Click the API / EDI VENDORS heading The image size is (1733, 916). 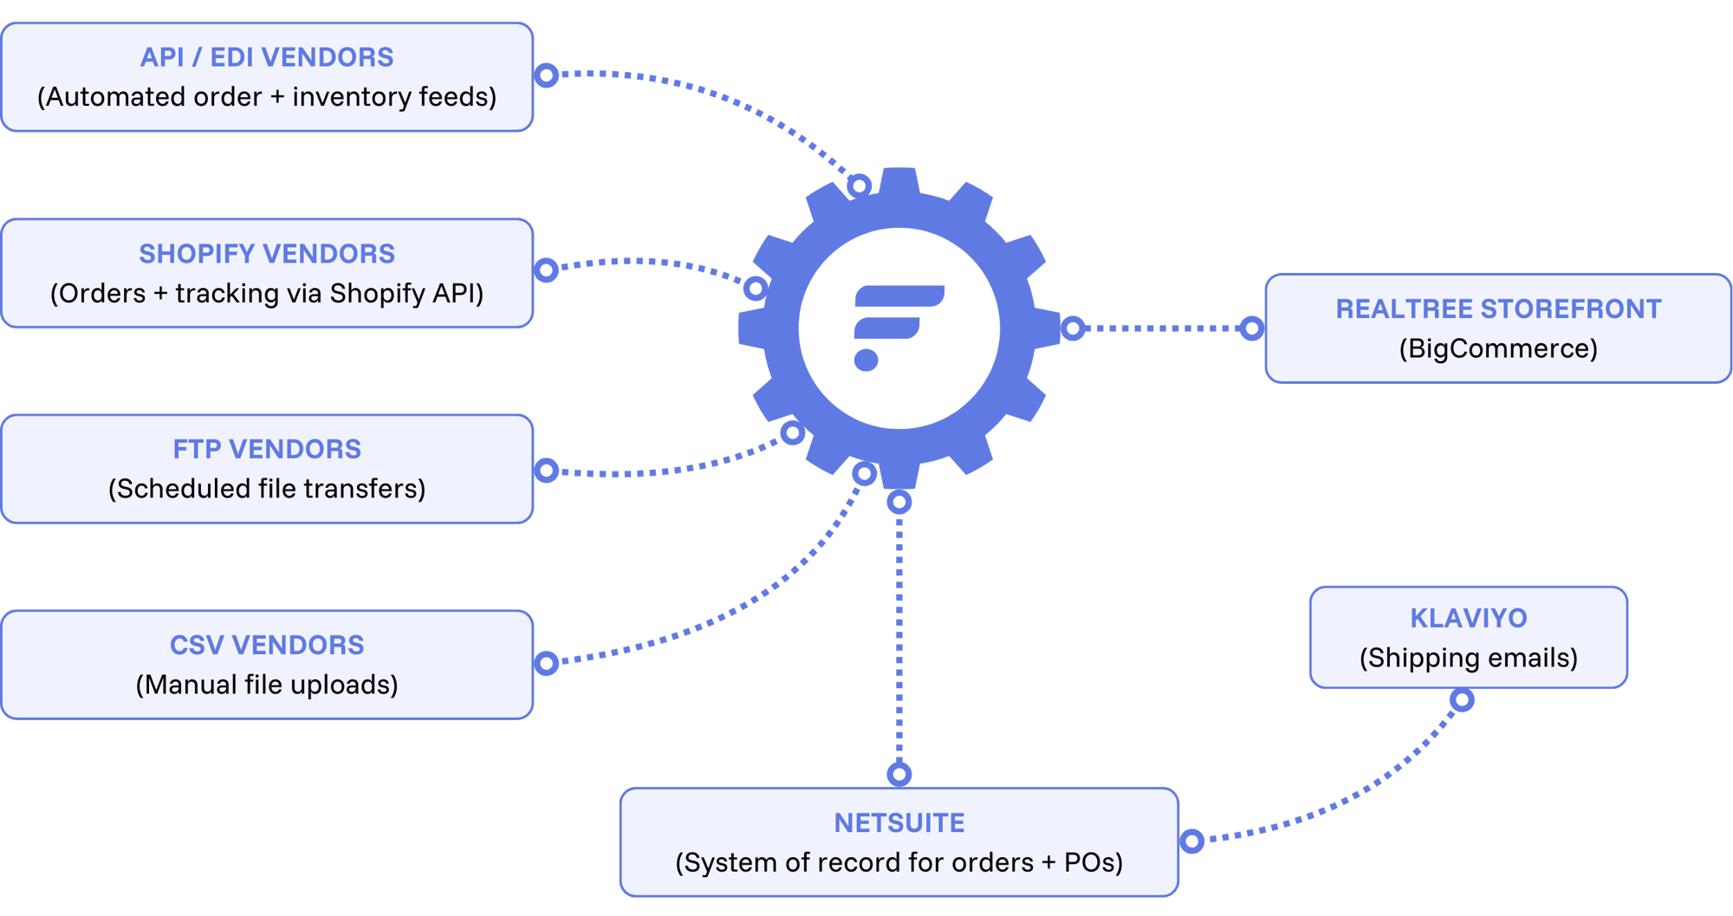(x=267, y=57)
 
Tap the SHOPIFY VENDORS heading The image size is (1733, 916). (x=267, y=254)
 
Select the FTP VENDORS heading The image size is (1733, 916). (x=267, y=449)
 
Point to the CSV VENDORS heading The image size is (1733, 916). (x=267, y=645)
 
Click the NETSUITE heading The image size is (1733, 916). (x=899, y=822)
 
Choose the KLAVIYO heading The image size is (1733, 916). (x=1468, y=618)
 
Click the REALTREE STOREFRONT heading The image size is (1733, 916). (x=1498, y=309)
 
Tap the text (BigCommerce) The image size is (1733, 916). (x=1498, y=348)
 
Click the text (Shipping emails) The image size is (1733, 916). (x=1468, y=658)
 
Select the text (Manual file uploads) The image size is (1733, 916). (x=267, y=685)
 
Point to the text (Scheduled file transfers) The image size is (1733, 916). (x=267, y=489)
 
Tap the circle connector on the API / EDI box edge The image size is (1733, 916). (x=546, y=75)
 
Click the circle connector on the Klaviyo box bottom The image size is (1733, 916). (x=1462, y=699)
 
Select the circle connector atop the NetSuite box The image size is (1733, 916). (x=899, y=774)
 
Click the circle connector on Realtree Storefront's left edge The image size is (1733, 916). (x=1251, y=328)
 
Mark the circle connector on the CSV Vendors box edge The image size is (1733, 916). (x=546, y=664)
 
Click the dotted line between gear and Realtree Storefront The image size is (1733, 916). (x=1161, y=328)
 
